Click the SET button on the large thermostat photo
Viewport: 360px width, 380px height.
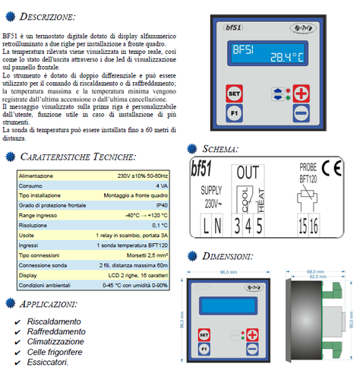click(x=235, y=95)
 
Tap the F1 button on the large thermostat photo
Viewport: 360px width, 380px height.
click(x=235, y=118)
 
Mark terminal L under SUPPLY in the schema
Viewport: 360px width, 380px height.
click(x=205, y=225)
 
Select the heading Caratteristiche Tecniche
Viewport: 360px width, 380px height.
click(x=78, y=157)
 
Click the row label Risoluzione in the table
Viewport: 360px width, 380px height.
click(x=37, y=225)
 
